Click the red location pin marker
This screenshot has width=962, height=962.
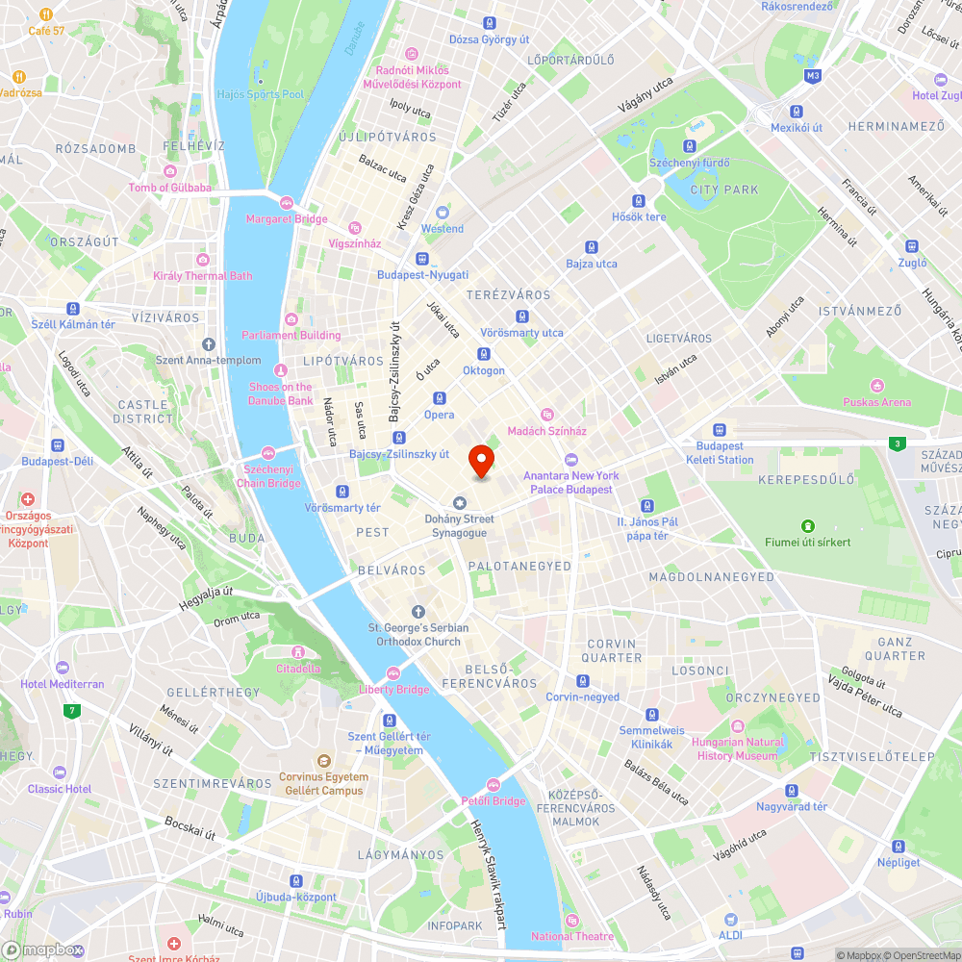[x=480, y=460]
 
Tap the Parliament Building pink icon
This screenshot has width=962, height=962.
[x=291, y=319]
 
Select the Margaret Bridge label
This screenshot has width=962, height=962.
[x=287, y=219]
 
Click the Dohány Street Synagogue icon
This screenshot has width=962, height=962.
[x=459, y=503]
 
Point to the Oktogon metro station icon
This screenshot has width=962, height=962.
[x=483, y=354]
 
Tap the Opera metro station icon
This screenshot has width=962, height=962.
[x=439, y=398]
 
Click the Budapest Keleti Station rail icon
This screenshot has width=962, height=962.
[x=719, y=430]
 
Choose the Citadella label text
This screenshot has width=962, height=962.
[x=298, y=669]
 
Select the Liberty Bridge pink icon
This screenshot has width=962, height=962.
[x=392, y=673]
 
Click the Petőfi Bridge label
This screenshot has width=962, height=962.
[x=493, y=801]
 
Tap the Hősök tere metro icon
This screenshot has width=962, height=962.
[x=639, y=201]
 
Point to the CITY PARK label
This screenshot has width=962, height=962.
[x=724, y=190]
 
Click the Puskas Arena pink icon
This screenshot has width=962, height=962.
[x=876, y=386]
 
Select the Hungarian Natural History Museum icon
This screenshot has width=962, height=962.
[x=738, y=726]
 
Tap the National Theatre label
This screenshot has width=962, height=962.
[x=573, y=936]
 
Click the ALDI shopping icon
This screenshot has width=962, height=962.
[x=730, y=920]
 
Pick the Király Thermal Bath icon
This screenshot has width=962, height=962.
[x=202, y=260]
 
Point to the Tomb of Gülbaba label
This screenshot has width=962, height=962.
[x=169, y=188]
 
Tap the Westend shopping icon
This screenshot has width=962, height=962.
[x=443, y=213]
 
